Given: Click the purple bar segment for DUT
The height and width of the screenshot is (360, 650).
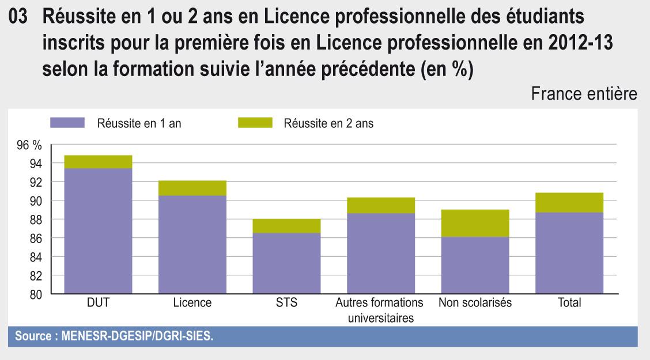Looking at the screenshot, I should pyautogui.click(x=98, y=230).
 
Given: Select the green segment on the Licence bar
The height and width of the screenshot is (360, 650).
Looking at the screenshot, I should pyautogui.click(x=192, y=188).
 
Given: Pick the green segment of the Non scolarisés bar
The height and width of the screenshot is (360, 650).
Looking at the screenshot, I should pyautogui.click(x=475, y=223).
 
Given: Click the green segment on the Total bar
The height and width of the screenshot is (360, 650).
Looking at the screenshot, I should pyautogui.click(x=569, y=202).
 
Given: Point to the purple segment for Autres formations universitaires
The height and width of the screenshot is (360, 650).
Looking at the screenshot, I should pyautogui.click(x=380, y=253).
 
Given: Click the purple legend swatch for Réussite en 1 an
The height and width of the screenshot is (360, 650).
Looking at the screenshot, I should pyautogui.click(x=67, y=123).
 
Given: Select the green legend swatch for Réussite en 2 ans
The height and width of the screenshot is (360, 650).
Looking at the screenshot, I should pyautogui.click(x=254, y=123).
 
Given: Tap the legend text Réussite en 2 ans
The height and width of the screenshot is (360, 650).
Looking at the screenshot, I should pyautogui.click(x=328, y=123).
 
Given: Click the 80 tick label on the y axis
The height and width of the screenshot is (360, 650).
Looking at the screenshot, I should pyautogui.click(x=35, y=295).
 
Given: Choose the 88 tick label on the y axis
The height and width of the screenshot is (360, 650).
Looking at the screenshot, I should pyautogui.click(x=35, y=220).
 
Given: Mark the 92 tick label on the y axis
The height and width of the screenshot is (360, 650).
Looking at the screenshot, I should pyautogui.click(x=35, y=183).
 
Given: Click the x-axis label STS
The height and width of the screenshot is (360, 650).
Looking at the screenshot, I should pyautogui.click(x=286, y=303).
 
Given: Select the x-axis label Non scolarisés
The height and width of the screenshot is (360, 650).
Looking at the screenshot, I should pyautogui.click(x=475, y=303).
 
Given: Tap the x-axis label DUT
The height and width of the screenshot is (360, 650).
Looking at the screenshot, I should pyautogui.click(x=98, y=303).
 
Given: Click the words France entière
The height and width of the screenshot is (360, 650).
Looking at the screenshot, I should pyautogui.click(x=584, y=94).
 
